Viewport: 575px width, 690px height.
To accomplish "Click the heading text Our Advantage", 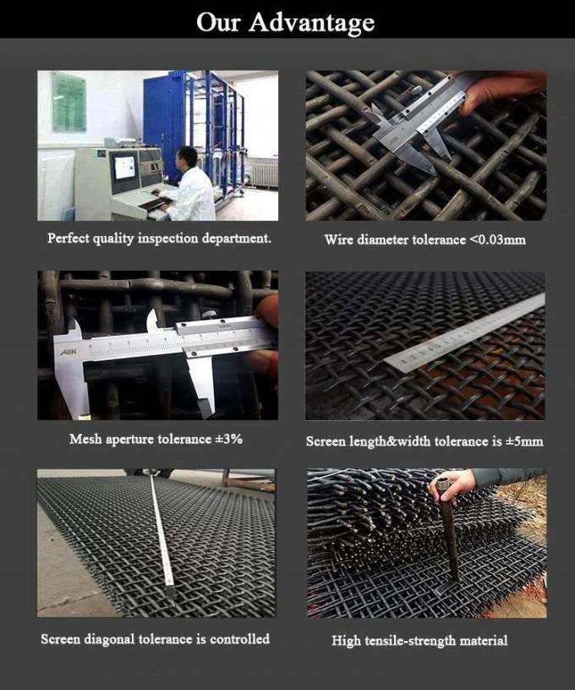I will click(286, 22).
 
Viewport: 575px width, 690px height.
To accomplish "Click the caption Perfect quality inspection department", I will click(159, 238).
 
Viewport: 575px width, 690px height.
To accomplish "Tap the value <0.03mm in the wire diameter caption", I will click(497, 240).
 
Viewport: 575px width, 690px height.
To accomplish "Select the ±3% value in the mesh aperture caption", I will click(227, 439).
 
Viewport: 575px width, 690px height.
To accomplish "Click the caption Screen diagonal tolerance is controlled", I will click(156, 639).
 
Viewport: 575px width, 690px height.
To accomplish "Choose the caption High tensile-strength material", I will click(419, 641).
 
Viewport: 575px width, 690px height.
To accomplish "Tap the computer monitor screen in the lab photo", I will click(124, 167).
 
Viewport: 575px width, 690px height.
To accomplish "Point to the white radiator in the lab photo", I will click(265, 173).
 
